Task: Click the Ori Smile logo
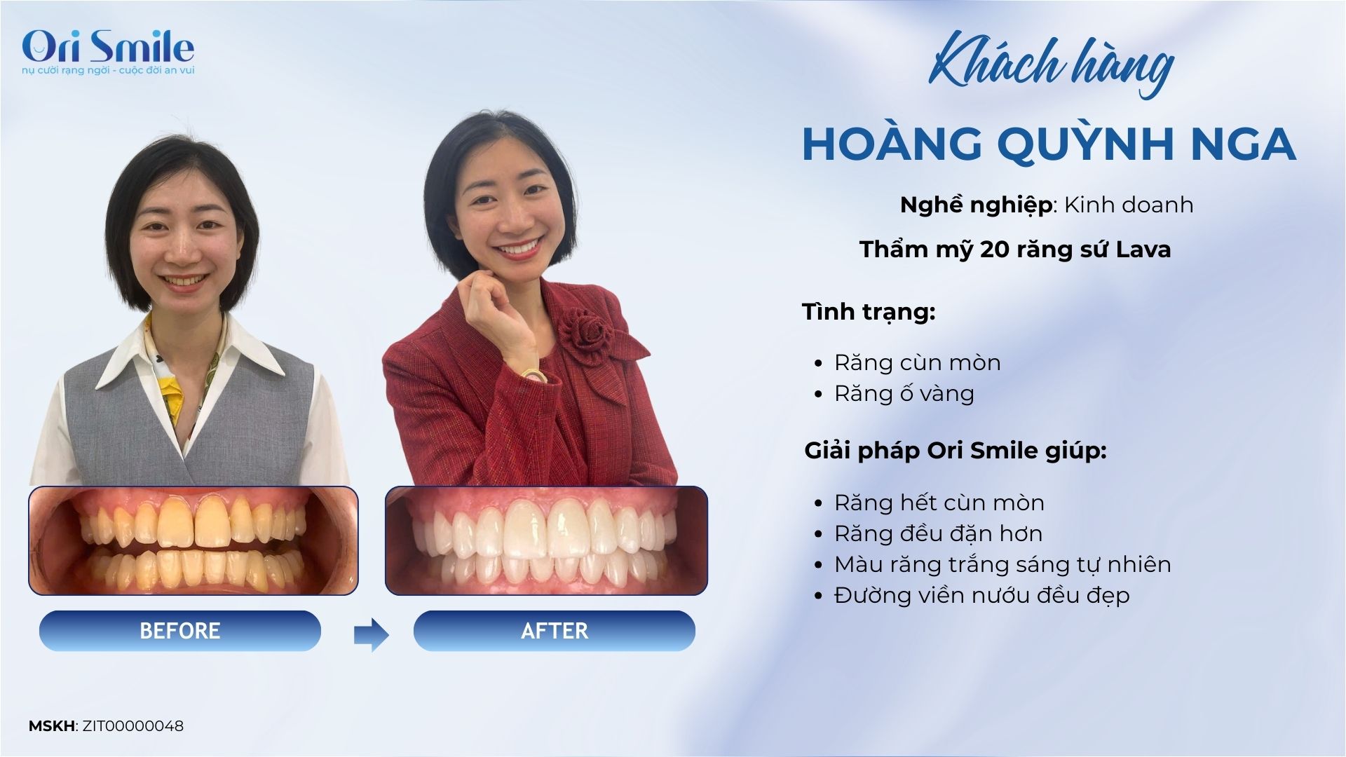pyautogui.click(x=108, y=51)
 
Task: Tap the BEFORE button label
pyautogui.click(x=180, y=631)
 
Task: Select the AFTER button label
pyautogui.click(x=555, y=631)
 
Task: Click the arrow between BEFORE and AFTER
pyautogui.click(x=371, y=635)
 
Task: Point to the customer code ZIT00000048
pyautogui.click(x=133, y=726)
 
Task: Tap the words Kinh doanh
pyautogui.click(x=1129, y=205)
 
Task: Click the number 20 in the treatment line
pyautogui.click(x=995, y=250)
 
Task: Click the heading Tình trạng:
pyautogui.click(x=869, y=312)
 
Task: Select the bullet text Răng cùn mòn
pyautogui.click(x=917, y=362)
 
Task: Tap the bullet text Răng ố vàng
pyautogui.click(x=904, y=393)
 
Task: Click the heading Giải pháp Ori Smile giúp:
pyautogui.click(x=956, y=450)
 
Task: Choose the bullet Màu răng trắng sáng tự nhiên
pyautogui.click(x=1002, y=564)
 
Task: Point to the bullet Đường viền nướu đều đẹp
pyautogui.click(x=981, y=595)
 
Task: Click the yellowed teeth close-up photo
pyautogui.click(x=193, y=540)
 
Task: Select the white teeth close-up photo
pyautogui.click(x=546, y=540)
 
